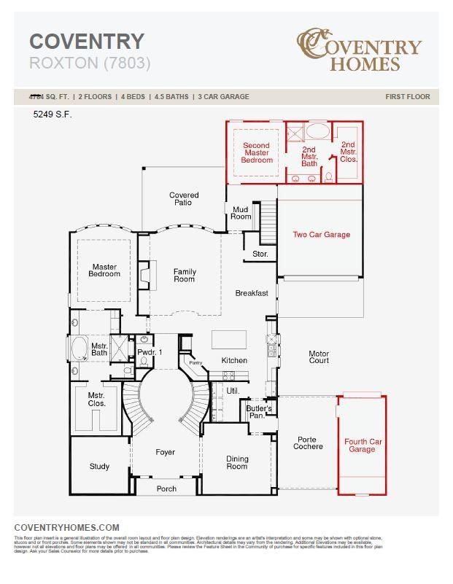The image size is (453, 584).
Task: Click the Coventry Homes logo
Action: click(359, 50)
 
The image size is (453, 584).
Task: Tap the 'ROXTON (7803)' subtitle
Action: click(90, 63)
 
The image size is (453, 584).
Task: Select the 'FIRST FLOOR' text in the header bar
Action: click(407, 97)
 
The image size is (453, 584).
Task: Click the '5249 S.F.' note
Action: click(53, 114)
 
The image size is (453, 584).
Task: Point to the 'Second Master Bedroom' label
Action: click(257, 152)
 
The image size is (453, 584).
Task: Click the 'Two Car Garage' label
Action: click(321, 235)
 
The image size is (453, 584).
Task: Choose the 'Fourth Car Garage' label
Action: click(362, 445)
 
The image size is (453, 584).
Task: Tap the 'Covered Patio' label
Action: click(184, 198)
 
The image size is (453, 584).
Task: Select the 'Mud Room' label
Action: click(241, 213)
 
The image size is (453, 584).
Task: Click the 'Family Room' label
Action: click(185, 276)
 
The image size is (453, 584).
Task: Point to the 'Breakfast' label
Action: click(252, 293)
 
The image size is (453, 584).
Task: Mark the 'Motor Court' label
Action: click(319, 358)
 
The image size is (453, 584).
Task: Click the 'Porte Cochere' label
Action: click(309, 443)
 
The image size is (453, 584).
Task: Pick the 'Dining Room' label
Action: click(237, 463)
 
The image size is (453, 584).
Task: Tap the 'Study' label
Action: click(99, 467)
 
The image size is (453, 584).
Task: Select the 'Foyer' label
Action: click(166, 452)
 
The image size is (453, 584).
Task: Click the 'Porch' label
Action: click(167, 488)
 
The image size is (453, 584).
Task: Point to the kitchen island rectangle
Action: click(229, 340)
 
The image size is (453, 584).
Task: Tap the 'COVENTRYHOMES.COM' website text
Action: click(66, 527)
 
